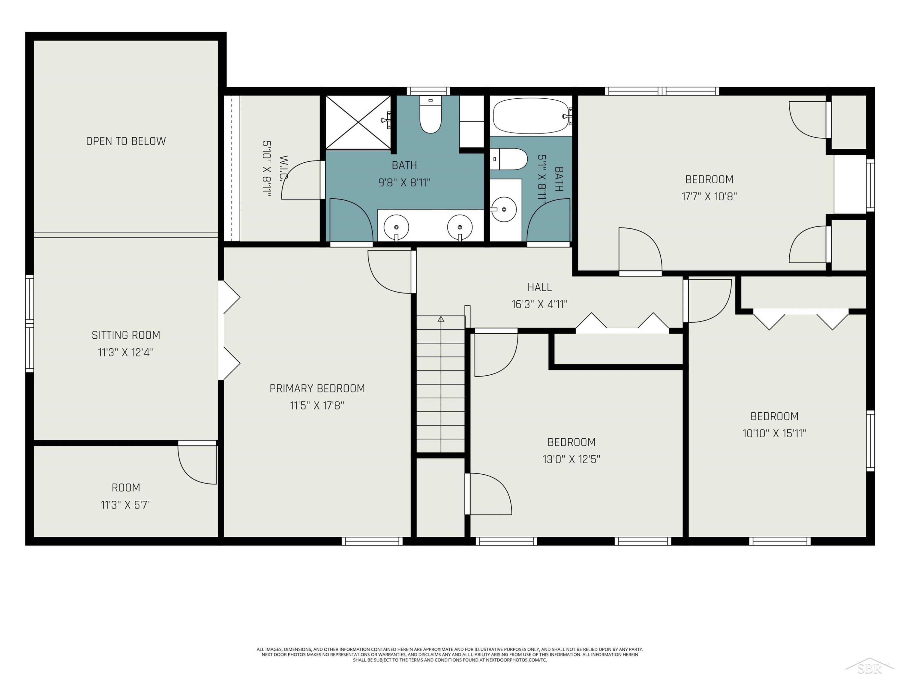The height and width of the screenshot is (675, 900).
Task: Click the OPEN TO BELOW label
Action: coord(126,141)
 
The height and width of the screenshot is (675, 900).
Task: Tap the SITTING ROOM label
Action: coord(126,335)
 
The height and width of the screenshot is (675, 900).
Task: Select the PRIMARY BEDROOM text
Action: coord(317,388)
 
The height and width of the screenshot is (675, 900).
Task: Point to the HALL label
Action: coord(539,287)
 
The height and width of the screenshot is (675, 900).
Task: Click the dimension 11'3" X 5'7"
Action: coord(126,505)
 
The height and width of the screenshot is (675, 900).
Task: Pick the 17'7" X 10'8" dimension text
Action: coord(709,196)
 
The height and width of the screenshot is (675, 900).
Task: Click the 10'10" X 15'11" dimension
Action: coord(774,433)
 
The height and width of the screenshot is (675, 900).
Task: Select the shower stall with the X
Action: coord(358,122)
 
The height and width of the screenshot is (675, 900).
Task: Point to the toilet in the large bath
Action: coord(430,115)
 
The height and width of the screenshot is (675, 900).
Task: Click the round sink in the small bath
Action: coord(503,209)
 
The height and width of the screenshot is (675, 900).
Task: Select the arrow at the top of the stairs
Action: coord(441,319)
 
